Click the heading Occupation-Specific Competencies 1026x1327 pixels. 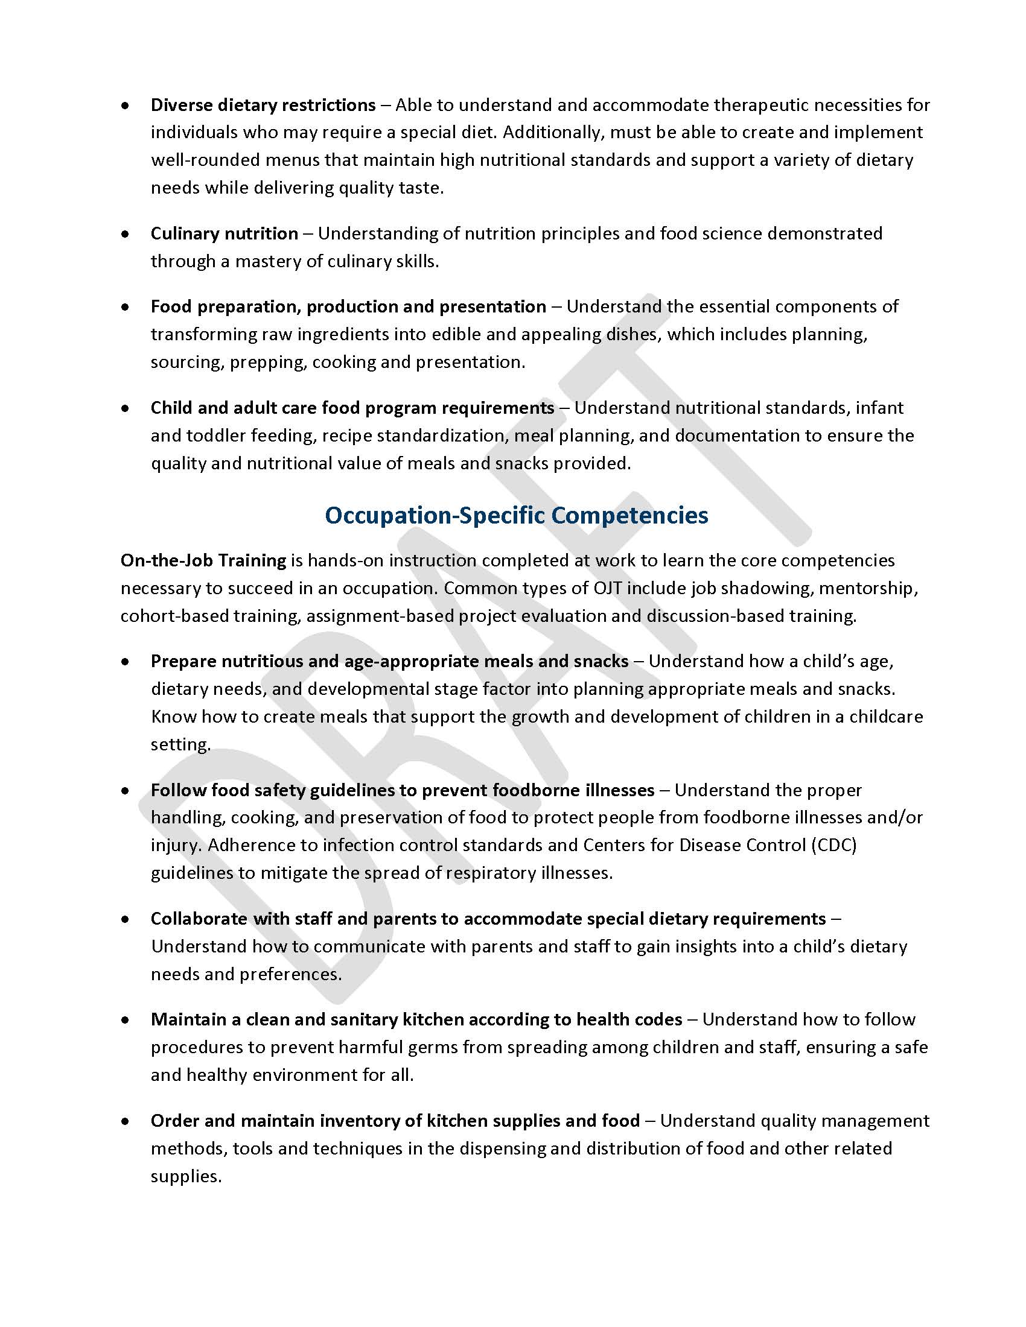click(x=516, y=515)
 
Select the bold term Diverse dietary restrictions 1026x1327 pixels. click(x=263, y=105)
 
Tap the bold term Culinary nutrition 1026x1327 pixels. click(x=225, y=233)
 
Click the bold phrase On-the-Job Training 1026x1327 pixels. click(x=203, y=560)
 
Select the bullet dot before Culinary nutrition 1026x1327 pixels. click(x=125, y=233)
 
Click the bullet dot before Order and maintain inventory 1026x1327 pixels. click(x=125, y=1121)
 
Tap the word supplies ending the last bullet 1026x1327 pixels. click(x=185, y=1176)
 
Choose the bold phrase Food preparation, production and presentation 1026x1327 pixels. click(x=348, y=306)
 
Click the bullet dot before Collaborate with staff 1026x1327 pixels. click(x=125, y=919)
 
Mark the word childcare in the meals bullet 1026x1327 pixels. click(x=885, y=717)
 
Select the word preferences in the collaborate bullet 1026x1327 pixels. click(x=289, y=974)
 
